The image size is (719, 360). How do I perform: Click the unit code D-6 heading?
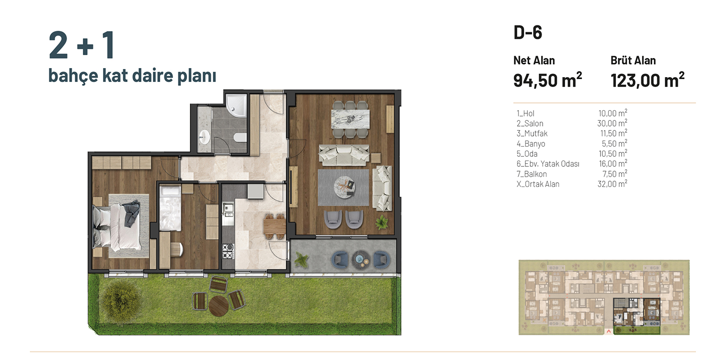click(528, 33)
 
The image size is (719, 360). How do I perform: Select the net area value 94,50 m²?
click(547, 80)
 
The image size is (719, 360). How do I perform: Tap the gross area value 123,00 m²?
click(648, 80)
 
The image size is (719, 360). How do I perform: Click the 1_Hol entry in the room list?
click(525, 113)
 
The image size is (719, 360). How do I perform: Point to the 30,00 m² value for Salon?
click(612, 123)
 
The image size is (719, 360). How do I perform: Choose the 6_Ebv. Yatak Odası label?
click(548, 164)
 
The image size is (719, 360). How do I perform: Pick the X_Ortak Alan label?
click(538, 184)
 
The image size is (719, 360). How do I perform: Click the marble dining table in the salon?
click(350, 119)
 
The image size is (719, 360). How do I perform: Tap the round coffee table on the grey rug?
click(345, 186)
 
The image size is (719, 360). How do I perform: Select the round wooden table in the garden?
click(219, 306)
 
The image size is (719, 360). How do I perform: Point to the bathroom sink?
click(204, 138)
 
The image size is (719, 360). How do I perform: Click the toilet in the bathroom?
click(241, 138)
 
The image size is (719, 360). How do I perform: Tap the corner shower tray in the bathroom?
click(236, 105)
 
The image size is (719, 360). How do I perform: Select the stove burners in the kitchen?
click(228, 251)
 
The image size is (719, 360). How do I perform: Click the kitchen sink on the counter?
click(228, 209)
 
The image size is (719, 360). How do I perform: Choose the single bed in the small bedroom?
click(170, 208)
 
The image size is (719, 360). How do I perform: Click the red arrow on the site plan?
click(608, 332)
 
